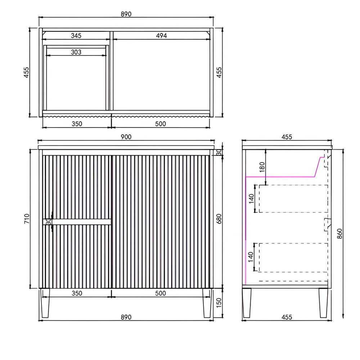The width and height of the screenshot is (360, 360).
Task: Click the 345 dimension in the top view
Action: coord(76,36)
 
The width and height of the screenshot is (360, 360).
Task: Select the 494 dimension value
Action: coord(161,36)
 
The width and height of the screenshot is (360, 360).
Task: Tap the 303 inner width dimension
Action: coord(76,52)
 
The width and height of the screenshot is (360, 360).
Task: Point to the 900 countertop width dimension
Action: coord(126,137)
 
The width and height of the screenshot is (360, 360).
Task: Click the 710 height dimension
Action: coord(27,219)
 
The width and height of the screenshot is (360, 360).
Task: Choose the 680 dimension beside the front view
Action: coord(219,219)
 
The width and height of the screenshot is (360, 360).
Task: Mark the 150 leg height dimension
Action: coord(219,303)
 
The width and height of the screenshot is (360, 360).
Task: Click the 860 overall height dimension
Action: coord(339,234)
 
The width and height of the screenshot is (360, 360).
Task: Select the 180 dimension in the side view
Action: coord(262,167)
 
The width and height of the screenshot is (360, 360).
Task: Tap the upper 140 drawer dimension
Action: coord(252,199)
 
